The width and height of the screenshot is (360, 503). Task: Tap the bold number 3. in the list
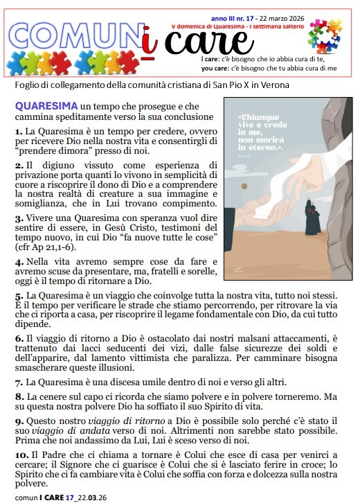point(19,218)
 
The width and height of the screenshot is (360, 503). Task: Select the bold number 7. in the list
point(19,382)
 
